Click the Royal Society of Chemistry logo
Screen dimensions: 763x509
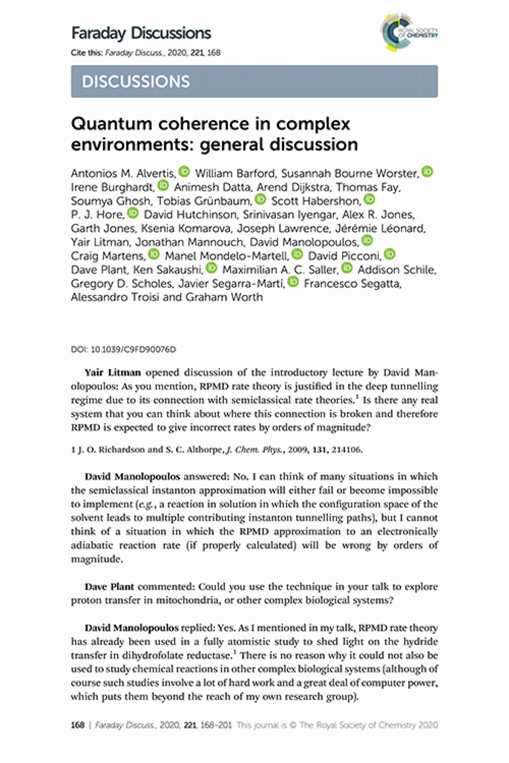409,32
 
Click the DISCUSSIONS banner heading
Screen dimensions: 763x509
136,82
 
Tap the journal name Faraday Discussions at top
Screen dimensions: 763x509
141,33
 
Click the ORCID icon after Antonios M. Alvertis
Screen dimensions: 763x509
184,172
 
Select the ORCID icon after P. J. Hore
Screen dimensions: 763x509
133,213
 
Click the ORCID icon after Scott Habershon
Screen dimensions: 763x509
369,199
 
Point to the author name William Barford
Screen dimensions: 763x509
235,174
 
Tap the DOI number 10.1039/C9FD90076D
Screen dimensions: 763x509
133,350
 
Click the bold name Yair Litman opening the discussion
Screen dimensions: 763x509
112,372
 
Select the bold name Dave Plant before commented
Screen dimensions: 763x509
109,587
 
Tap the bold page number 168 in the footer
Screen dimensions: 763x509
77,725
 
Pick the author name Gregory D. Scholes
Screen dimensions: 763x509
121,284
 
